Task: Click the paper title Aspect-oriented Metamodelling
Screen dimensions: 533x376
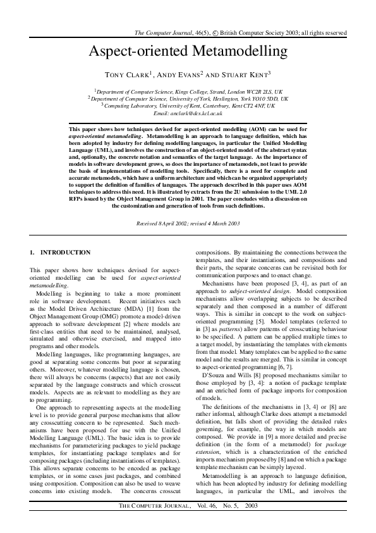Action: [188, 52]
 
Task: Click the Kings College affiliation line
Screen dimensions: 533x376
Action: [188, 91]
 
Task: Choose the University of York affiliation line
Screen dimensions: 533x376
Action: [188, 99]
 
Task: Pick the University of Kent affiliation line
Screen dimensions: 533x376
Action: [188, 106]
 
